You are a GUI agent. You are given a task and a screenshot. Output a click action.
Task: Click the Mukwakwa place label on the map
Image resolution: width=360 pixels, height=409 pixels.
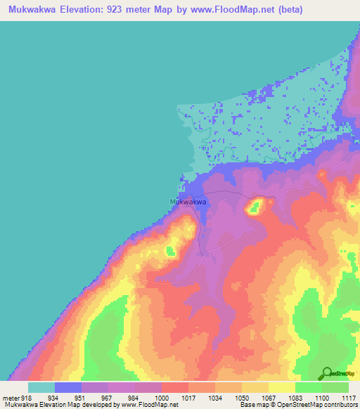188,202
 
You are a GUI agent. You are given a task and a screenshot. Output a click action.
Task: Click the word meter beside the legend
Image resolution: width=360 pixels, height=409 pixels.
10,398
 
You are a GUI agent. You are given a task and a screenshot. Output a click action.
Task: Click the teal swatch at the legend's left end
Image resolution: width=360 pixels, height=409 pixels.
41,387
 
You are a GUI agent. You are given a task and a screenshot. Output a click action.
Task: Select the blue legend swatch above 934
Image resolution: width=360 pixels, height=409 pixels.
68,387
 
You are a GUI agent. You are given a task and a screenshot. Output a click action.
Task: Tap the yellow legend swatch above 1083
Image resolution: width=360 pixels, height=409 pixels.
282,387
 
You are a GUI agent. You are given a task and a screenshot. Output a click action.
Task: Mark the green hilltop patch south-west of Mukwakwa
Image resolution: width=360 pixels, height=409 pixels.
171,249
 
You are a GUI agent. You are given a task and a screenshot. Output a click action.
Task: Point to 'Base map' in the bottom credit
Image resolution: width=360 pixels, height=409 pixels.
250,405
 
